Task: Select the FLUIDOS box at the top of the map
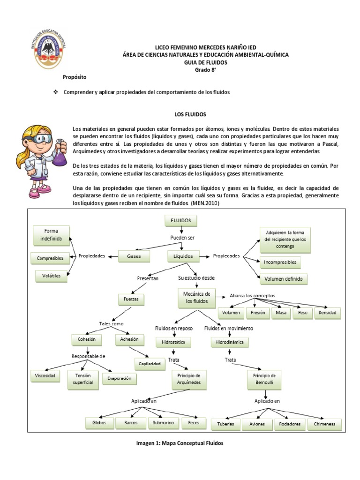[180, 220]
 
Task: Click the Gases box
[134, 256]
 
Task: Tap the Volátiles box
[51, 276]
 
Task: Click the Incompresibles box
[279, 261]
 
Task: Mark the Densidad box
[328, 313]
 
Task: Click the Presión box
[257, 313]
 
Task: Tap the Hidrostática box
[173, 342]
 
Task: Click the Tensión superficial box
[83, 379]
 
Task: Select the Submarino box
[163, 423]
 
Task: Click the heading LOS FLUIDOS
[187, 114]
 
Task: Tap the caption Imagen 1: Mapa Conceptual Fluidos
[180, 443]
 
